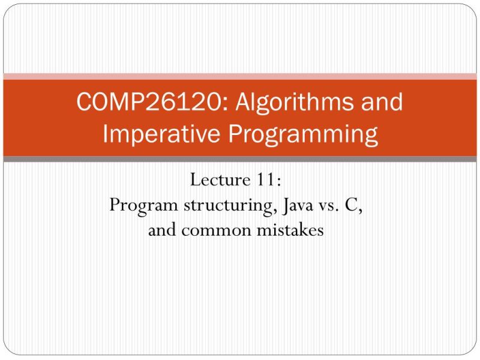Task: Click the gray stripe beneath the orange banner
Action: click(240, 159)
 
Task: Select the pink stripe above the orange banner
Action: click(240, 76)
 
